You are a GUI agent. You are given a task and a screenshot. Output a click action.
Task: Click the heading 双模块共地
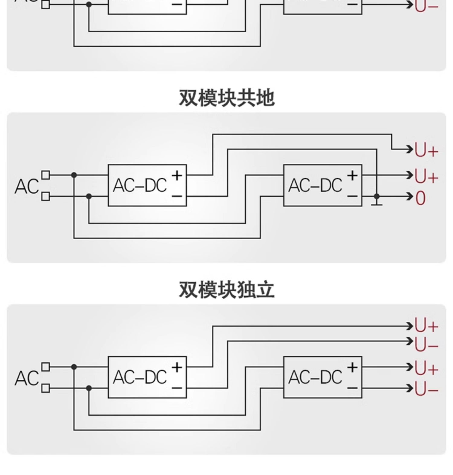tap(226, 98)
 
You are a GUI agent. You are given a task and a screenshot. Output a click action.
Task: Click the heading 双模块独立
tap(226, 290)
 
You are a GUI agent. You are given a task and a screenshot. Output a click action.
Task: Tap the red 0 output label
tap(420, 198)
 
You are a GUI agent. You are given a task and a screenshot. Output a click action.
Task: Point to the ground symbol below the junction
tap(377, 204)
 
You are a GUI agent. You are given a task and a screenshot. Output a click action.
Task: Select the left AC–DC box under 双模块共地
tap(147, 185)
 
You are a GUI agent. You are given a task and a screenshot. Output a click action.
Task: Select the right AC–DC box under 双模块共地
tap(323, 185)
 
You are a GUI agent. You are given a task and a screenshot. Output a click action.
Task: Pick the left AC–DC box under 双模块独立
tap(147, 377)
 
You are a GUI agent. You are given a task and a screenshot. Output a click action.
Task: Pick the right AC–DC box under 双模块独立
tap(323, 377)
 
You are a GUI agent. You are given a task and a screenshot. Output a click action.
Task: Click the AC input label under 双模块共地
tap(27, 186)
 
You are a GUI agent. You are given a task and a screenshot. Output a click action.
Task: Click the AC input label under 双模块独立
tap(27, 378)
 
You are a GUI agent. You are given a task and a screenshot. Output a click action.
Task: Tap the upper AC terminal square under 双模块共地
tap(46, 175)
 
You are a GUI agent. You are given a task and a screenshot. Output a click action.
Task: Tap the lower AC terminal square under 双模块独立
tap(46, 388)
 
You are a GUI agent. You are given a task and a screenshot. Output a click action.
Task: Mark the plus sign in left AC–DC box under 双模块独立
tap(177, 368)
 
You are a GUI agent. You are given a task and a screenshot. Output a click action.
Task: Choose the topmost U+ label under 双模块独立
tap(426, 326)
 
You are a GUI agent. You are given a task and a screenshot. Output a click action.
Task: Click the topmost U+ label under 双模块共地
tap(426, 150)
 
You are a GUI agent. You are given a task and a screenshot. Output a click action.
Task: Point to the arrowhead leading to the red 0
tap(410, 196)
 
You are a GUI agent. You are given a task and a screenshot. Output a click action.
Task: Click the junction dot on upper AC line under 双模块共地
tap(74, 175)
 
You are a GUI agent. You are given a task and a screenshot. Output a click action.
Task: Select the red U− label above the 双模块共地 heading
tap(426, 6)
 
